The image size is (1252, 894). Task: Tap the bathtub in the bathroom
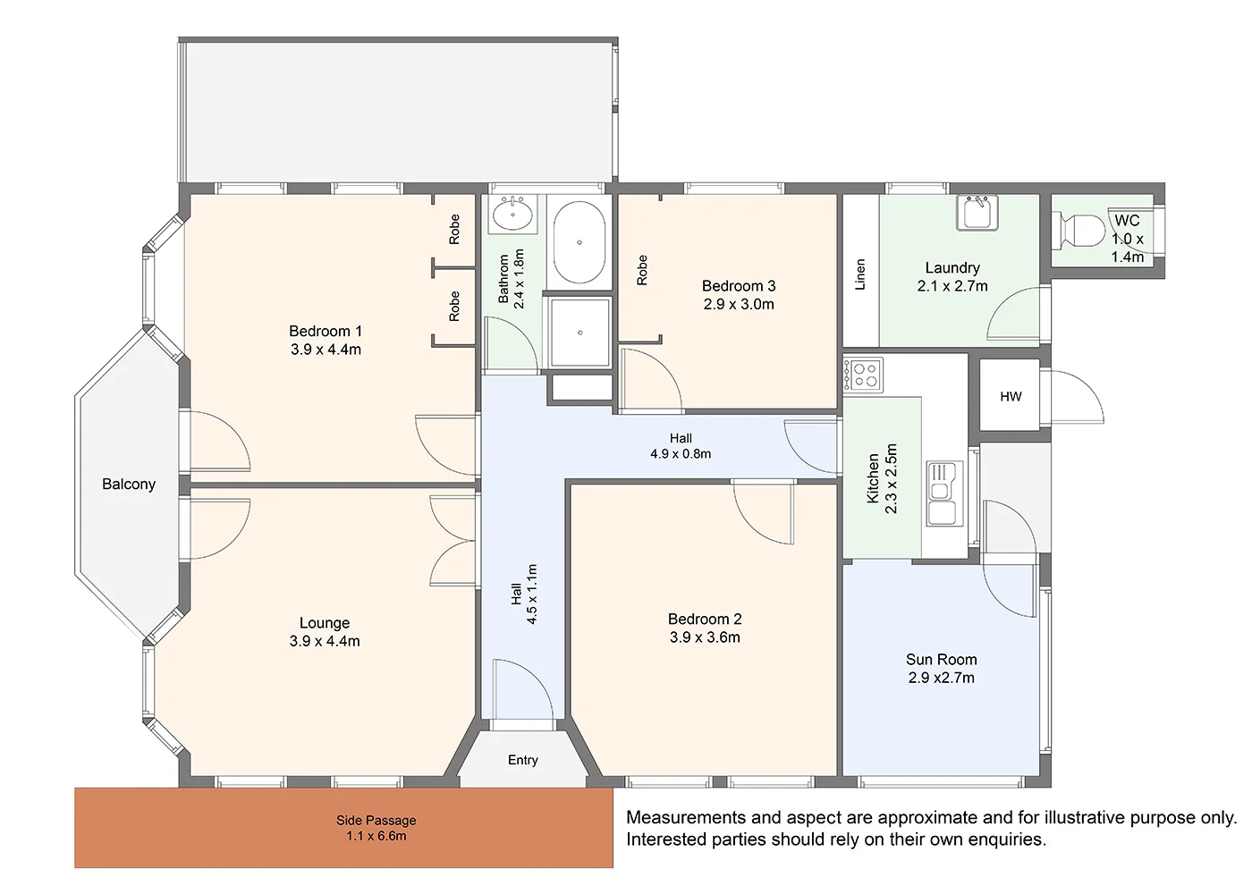pyautogui.click(x=579, y=242)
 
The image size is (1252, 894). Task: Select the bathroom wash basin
pyautogui.click(x=513, y=214)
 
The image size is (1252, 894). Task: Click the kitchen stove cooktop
pyautogui.click(x=863, y=375)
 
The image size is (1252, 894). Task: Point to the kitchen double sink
pyautogui.click(x=944, y=493)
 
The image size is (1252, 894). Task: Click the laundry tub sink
pyautogui.click(x=977, y=213)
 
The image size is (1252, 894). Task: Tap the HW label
pyautogui.click(x=1011, y=397)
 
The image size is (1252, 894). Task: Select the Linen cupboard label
pyautogui.click(x=860, y=274)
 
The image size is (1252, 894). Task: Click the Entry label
pyautogui.click(x=522, y=760)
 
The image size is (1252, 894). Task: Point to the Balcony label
pyautogui.click(x=129, y=484)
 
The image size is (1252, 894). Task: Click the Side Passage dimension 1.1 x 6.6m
pyautogui.click(x=376, y=836)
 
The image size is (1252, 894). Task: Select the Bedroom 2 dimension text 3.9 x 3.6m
pyautogui.click(x=705, y=637)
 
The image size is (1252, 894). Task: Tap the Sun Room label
pyautogui.click(x=941, y=660)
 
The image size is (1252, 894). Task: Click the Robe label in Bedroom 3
pyautogui.click(x=642, y=270)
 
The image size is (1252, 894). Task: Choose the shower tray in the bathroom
pyautogui.click(x=579, y=333)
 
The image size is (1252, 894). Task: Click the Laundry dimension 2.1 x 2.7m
pyautogui.click(x=952, y=286)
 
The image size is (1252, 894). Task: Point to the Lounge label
pyautogui.click(x=325, y=623)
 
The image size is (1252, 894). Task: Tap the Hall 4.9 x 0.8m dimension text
pyautogui.click(x=681, y=454)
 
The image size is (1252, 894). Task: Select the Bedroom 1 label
pyautogui.click(x=326, y=331)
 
